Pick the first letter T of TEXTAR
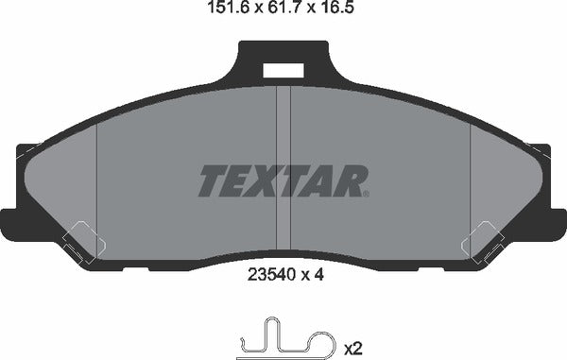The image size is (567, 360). [213, 181]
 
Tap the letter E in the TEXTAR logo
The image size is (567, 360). [240, 181]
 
